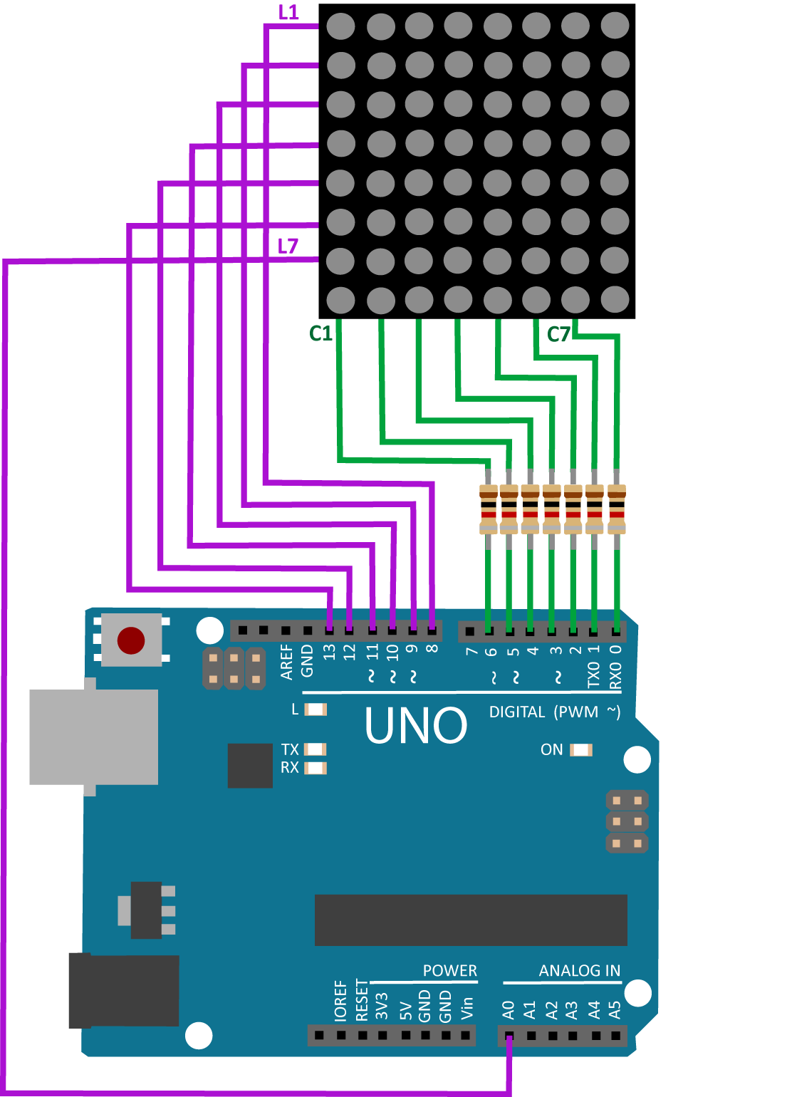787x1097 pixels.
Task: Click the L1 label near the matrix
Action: click(288, 12)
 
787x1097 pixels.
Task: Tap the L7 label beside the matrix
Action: click(288, 246)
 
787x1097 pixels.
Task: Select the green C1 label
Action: click(320, 333)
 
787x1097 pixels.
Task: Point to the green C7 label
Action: click(558, 335)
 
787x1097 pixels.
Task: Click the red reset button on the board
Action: click(131, 640)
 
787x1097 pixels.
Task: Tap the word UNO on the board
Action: click(416, 725)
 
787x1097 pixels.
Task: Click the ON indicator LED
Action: click(581, 750)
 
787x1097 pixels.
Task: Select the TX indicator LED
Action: click(316, 749)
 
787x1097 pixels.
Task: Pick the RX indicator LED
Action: click(316, 768)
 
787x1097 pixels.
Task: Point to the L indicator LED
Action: click(316, 709)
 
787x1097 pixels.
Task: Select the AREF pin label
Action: click(286, 662)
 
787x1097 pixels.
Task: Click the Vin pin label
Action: click(467, 1009)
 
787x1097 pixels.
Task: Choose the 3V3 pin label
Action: click(382, 1007)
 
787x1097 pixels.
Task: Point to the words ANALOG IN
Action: click(579, 971)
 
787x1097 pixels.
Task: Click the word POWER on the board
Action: click(449, 971)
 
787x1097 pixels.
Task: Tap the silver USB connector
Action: click(93, 737)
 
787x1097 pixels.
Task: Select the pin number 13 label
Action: click(329, 653)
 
